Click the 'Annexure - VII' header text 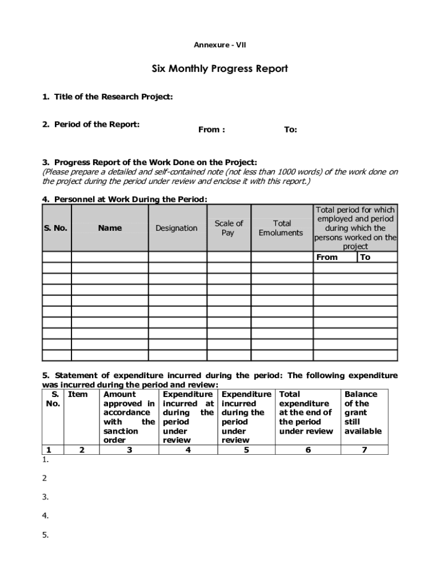coord(220,45)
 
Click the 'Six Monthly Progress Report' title coord(220,69)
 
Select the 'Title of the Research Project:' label coord(107,97)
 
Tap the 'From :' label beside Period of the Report coord(211,130)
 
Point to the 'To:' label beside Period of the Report coord(290,130)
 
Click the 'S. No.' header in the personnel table coord(55,228)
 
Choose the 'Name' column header coord(110,228)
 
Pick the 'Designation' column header coord(177,228)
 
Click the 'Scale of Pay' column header coord(229,228)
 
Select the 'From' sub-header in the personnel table coord(327,257)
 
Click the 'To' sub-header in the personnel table coord(365,257)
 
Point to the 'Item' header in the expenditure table coord(78,394)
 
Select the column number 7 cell coord(364,450)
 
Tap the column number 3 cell coord(130,450)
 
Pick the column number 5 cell coord(246,450)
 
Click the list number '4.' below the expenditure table coord(45,516)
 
